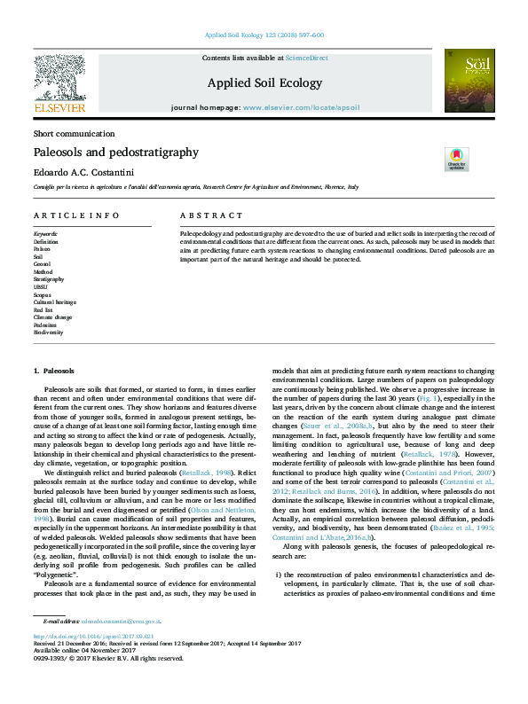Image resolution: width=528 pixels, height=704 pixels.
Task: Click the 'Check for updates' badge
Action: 457,160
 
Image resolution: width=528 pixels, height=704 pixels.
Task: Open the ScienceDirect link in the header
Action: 307,58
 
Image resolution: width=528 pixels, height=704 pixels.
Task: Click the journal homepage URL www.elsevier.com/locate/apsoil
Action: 301,107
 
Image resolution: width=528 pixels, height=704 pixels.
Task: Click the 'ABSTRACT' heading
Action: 210,215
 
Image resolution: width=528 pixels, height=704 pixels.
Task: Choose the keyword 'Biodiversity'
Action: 49,332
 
